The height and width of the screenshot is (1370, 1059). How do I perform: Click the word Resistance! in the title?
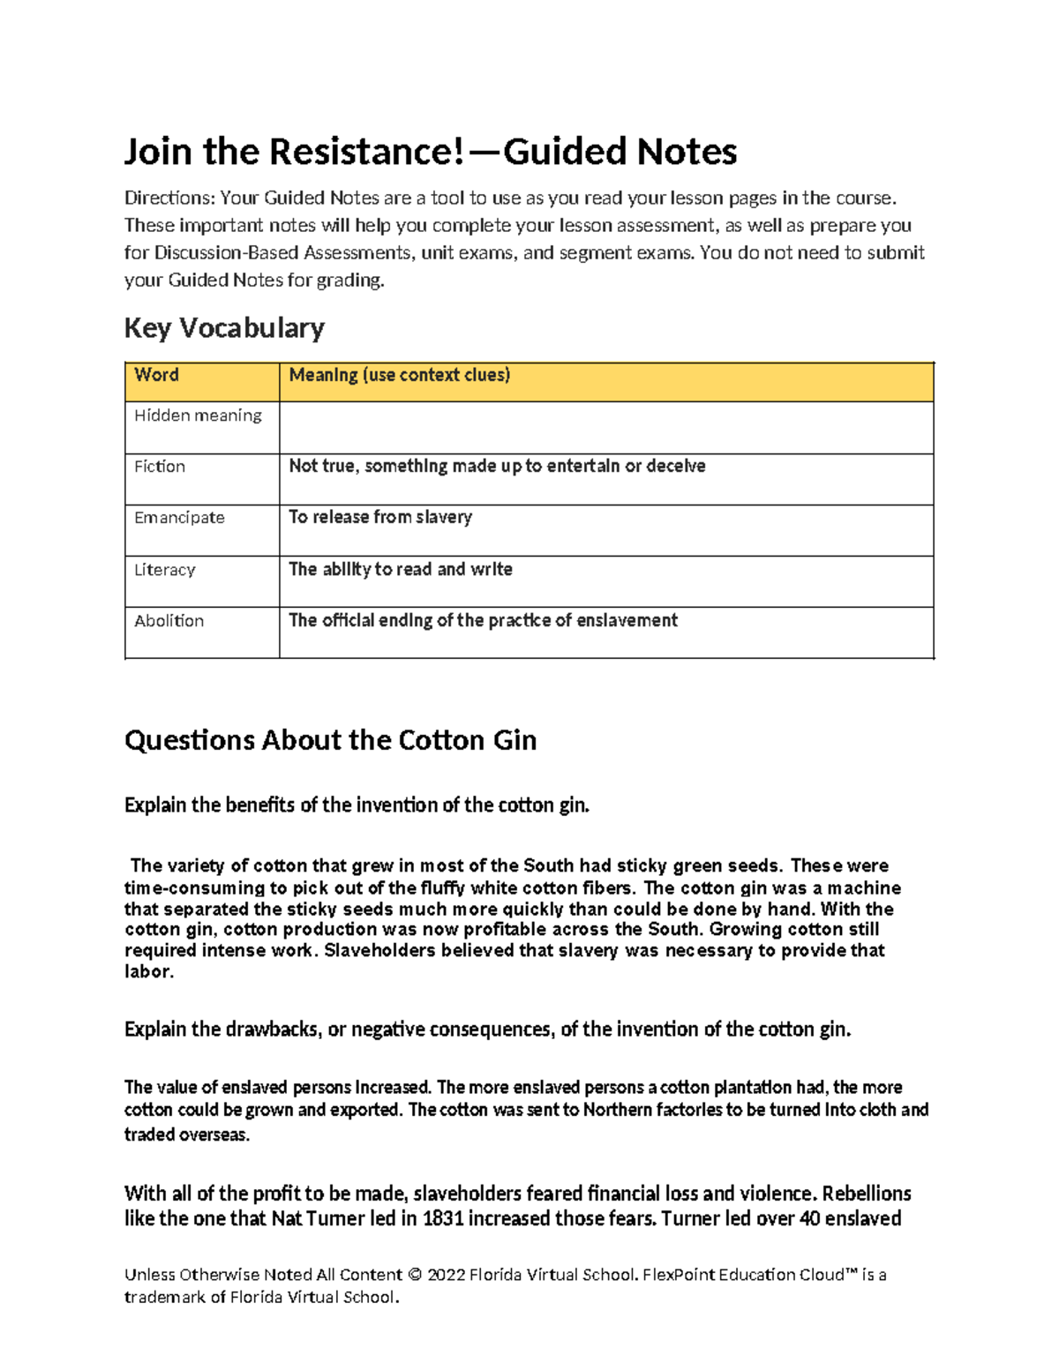366,152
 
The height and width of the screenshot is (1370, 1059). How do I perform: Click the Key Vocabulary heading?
224,328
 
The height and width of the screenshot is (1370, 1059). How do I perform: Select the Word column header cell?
157,375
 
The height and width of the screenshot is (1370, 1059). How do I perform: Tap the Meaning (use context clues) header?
400,375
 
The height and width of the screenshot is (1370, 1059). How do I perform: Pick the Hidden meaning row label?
198,415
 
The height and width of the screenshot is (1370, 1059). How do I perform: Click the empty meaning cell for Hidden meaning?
605,428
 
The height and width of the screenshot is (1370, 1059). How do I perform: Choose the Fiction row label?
160,467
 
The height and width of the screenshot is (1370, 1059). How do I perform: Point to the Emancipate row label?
179,518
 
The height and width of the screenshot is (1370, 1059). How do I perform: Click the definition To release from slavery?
380,517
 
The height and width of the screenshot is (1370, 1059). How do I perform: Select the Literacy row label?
165,570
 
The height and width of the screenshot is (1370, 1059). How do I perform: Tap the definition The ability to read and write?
401,569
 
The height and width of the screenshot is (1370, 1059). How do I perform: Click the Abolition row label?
169,621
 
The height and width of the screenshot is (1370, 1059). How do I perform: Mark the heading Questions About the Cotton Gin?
330,740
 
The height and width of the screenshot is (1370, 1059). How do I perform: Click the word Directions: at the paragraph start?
169,198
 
